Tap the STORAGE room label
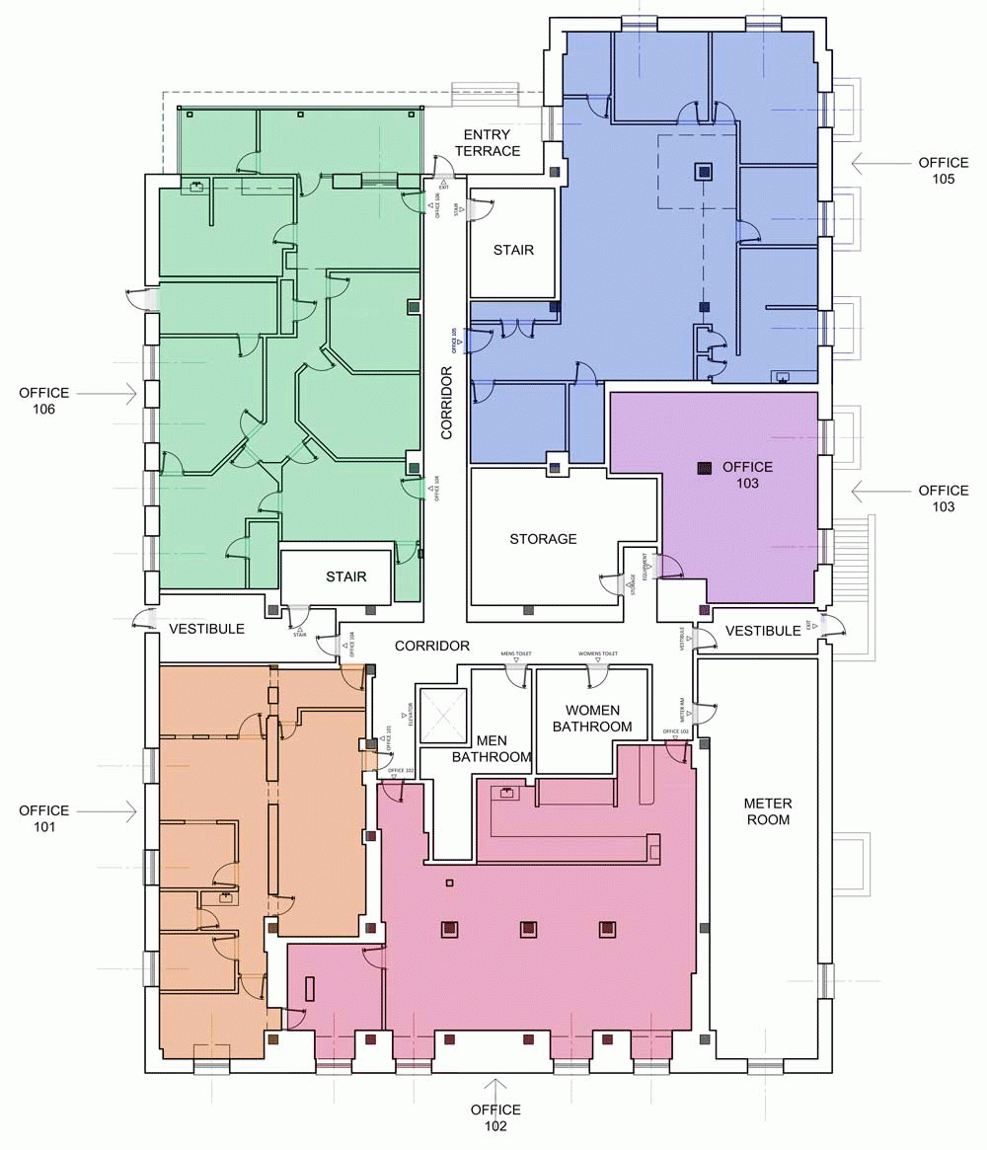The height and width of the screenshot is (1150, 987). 543,539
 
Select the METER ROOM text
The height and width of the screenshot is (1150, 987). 768,811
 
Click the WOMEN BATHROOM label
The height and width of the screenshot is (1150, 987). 592,719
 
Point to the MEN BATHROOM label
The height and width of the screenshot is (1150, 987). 492,749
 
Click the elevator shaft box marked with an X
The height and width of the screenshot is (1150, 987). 443,715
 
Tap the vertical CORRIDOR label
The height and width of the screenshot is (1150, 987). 447,403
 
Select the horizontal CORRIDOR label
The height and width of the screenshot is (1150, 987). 432,646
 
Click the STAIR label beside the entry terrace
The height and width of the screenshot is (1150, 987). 513,250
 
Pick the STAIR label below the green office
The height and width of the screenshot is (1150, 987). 346,576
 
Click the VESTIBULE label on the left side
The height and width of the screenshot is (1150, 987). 206,629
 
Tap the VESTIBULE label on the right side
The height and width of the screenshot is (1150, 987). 763,631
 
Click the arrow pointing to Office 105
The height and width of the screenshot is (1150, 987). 873,162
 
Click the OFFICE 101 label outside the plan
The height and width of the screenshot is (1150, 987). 43,819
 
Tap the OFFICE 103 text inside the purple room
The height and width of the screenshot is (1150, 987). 747,475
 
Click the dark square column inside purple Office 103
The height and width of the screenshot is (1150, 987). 704,469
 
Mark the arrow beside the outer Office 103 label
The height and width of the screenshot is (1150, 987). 873,490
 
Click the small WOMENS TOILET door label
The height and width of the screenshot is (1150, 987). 598,653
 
